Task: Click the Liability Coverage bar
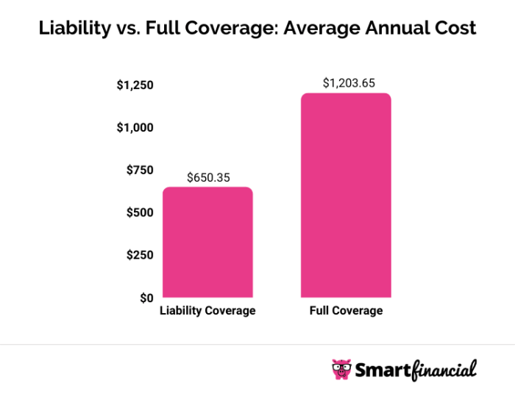(207, 243)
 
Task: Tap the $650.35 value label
(207, 177)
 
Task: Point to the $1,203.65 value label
(345, 83)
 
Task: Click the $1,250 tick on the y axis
(135, 85)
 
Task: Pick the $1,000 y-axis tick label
(135, 128)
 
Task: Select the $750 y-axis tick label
(139, 171)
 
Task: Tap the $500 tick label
(139, 213)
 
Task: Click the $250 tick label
(139, 255)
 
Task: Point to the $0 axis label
(146, 298)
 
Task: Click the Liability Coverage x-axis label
(207, 311)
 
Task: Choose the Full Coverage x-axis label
(345, 311)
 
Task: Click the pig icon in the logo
(341, 368)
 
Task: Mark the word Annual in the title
(394, 29)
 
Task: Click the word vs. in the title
(126, 29)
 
